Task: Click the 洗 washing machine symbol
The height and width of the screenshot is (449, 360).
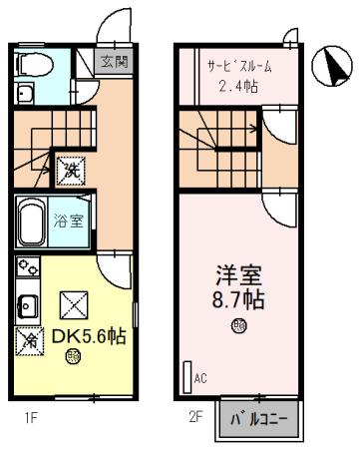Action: click(x=69, y=170)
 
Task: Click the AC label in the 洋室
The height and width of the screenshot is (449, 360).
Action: click(x=200, y=379)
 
